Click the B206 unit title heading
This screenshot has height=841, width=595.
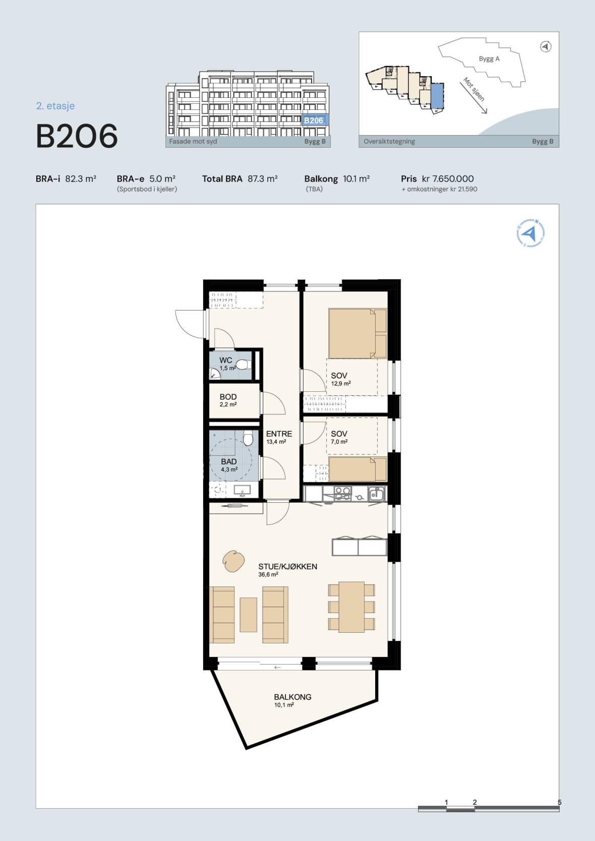(x=77, y=136)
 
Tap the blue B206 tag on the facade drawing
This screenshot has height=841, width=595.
(x=314, y=120)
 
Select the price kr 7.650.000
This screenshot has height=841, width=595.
(x=448, y=178)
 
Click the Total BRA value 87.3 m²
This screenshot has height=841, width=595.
(x=262, y=178)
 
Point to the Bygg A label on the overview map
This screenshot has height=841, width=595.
(x=489, y=58)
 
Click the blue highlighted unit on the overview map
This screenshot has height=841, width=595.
(x=437, y=96)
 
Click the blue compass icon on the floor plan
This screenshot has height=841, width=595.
(x=530, y=233)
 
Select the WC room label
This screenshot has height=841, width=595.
(x=225, y=360)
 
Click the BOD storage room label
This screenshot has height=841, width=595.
(x=228, y=397)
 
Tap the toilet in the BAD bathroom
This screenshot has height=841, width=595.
(x=248, y=438)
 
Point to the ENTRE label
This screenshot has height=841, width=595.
(x=279, y=434)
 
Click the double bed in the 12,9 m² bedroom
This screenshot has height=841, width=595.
(x=358, y=333)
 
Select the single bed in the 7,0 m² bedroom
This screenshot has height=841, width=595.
(x=358, y=469)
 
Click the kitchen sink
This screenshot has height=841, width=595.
(x=376, y=493)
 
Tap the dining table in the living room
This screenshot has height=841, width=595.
(x=352, y=607)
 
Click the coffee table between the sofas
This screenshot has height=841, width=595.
(x=249, y=615)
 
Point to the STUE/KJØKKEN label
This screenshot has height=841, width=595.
(x=287, y=567)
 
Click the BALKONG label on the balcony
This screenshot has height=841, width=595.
(x=293, y=697)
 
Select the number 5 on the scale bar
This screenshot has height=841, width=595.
(x=559, y=802)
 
